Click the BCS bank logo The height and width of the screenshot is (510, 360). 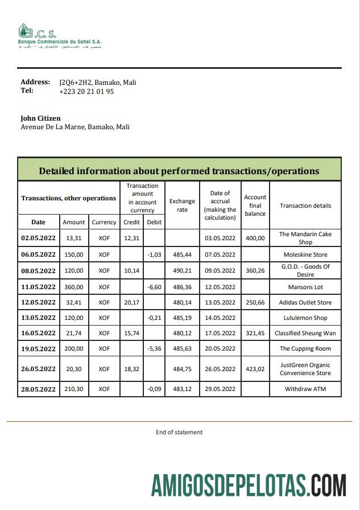point(59,36)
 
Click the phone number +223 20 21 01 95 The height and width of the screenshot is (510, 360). point(86,91)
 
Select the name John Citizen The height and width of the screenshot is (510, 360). point(40,118)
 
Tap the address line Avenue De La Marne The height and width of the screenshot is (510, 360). point(75,127)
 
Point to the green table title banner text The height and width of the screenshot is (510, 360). point(179,171)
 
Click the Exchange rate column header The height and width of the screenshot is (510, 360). point(182,205)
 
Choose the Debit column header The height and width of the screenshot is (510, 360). point(154,222)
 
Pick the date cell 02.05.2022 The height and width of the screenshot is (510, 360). point(38,238)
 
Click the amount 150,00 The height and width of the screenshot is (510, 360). point(74,254)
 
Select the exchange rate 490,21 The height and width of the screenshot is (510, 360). point(182,271)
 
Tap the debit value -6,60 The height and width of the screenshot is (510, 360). point(155,287)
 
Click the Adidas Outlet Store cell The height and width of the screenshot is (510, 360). point(305,302)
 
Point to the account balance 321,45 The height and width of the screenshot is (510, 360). point(255,333)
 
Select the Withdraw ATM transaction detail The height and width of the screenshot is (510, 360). point(305,389)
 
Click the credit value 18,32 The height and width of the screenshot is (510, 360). point(131,369)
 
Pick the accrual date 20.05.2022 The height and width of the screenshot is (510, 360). point(220,348)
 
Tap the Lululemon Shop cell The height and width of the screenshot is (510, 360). point(305,318)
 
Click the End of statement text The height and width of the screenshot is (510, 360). point(179,432)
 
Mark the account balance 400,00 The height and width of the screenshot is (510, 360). point(255,238)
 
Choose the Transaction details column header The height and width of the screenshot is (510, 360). point(305,205)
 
